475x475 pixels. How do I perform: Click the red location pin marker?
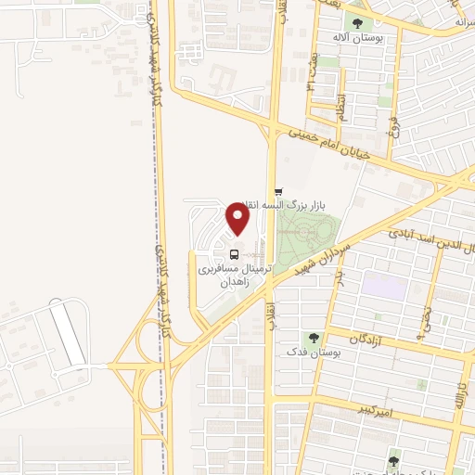point(238,219)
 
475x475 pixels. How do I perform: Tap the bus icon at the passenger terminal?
point(234,252)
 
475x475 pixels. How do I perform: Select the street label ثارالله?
point(457,394)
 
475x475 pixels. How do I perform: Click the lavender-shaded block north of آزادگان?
point(383,284)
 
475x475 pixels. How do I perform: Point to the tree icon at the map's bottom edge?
point(393,461)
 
